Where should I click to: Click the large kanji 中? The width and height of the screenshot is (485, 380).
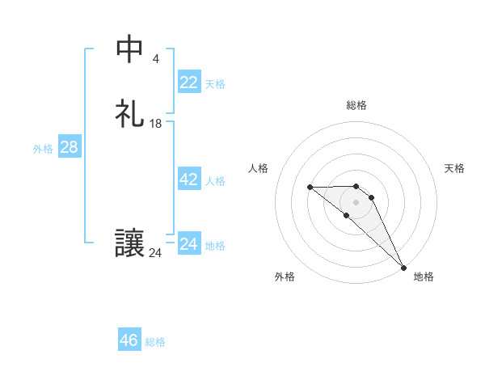coord(129,49)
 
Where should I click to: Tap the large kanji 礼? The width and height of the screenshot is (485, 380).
coord(129,112)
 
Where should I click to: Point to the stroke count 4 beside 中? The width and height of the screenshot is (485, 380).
coord(155,59)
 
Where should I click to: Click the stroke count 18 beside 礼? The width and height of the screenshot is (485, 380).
coord(156,124)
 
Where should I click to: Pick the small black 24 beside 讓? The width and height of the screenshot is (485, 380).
coord(155,253)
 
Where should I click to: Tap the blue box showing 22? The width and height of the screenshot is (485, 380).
coord(188,82)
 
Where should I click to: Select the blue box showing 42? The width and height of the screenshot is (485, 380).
coord(188,179)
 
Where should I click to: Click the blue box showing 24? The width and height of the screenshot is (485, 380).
coord(188,243)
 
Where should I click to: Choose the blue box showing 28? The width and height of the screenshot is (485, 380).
coord(69,147)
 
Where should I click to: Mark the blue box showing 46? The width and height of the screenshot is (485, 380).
coord(129,340)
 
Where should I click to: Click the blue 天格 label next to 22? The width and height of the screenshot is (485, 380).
coord(215,83)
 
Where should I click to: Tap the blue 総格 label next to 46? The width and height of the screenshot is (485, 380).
coord(155,342)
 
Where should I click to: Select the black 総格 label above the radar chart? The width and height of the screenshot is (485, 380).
coord(356,105)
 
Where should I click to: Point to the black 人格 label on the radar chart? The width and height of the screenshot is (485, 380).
coord(259,168)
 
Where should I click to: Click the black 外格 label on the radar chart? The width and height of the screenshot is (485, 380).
coord(285,277)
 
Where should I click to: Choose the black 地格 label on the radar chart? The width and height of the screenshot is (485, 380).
coord(424,277)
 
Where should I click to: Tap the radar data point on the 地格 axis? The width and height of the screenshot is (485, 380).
coord(403,267)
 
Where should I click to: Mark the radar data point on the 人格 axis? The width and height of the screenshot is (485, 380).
coord(310,188)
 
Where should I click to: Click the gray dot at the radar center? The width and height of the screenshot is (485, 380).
coord(356,201)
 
